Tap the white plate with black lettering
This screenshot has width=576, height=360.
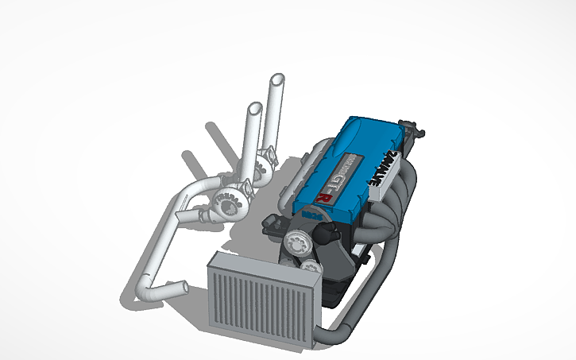point(384,168)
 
